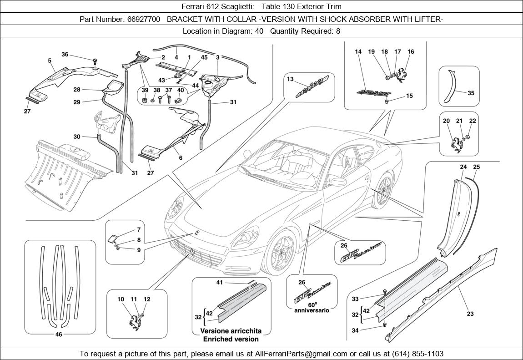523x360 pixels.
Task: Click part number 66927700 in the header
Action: pyautogui.click(x=141, y=19)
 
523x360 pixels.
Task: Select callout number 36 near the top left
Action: pyautogui.click(x=65, y=55)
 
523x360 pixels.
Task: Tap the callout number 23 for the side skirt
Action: pyautogui.click(x=470, y=314)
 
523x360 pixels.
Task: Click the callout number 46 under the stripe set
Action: pyautogui.click(x=59, y=335)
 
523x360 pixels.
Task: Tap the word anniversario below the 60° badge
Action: pyautogui.click(x=311, y=310)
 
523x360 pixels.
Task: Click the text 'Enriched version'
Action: pyautogui.click(x=231, y=339)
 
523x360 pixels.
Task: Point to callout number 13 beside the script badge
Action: pyautogui.click(x=290, y=79)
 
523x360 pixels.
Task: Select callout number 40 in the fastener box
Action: pyautogui.click(x=181, y=90)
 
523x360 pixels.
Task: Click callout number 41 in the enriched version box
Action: pyautogui.click(x=220, y=283)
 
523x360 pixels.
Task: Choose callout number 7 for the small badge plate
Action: pyautogui.click(x=139, y=230)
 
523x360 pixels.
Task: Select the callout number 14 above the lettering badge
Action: pyautogui.click(x=358, y=52)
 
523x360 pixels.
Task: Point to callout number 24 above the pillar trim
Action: pyautogui.click(x=463, y=167)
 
